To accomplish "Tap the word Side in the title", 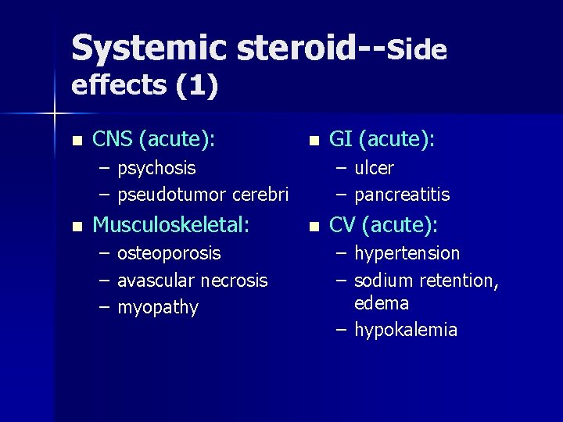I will (417, 50).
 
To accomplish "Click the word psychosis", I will (156, 168).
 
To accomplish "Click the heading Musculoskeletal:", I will (171, 226).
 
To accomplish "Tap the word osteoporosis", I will (169, 253).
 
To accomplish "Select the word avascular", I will (156, 280).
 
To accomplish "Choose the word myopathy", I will (158, 307).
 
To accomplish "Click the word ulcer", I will (375, 168).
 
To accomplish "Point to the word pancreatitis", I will (402, 193).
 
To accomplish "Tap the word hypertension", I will (407, 253).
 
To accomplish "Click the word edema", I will (382, 302).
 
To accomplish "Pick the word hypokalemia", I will (406, 330).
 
